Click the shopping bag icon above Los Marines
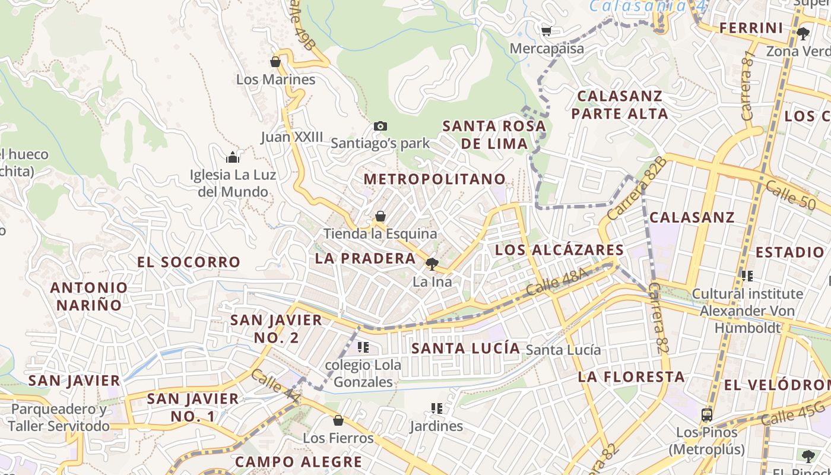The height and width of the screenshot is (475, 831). coord(275,62)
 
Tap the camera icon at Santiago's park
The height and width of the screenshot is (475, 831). coord(380,126)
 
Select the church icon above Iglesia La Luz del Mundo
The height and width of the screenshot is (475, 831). coord(233,157)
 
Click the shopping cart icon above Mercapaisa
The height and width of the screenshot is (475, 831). coord(546,31)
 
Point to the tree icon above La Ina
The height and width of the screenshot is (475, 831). coord(432,264)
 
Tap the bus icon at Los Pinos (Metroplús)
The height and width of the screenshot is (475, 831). coord(706,414)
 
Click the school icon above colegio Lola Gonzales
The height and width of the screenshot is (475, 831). coord(363,347)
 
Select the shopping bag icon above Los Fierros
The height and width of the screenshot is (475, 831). coord(338,421)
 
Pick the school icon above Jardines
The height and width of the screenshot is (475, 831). coord(437,408)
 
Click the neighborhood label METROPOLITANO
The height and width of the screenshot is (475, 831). coord(434,179)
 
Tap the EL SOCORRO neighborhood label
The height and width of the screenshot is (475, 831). coord(189,262)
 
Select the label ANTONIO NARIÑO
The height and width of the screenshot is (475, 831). coord(88,296)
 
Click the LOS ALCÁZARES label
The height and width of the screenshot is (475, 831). coord(559,250)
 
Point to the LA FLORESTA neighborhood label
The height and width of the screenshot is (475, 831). coord(632,377)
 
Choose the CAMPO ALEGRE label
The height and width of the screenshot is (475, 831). coord(299,462)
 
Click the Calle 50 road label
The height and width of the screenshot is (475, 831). coord(790,195)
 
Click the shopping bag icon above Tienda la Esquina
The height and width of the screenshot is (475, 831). coord(380,216)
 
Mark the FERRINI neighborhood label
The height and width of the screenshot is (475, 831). coord(751,28)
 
